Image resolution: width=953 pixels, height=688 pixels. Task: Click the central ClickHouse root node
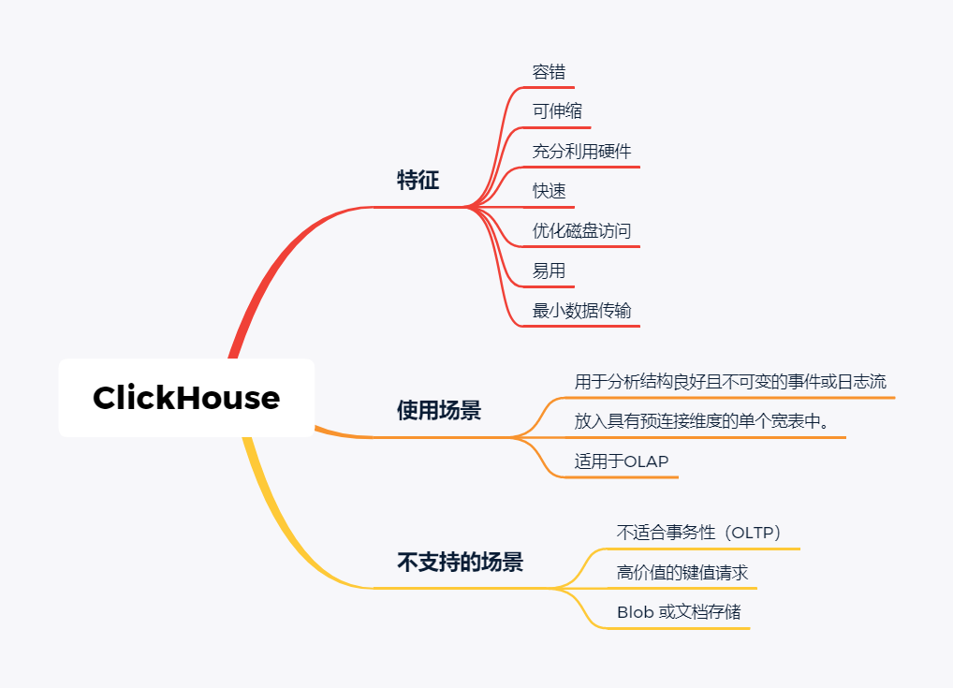[186, 398]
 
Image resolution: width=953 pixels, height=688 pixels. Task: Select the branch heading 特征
[418, 181]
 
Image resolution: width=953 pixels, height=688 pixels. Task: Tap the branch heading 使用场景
[438, 411]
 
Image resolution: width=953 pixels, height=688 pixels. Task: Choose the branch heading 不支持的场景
[460, 563]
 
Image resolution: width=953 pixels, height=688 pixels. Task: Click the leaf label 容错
[549, 72]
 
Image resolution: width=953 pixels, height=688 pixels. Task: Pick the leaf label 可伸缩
[557, 111]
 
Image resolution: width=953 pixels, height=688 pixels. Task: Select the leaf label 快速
[549, 191]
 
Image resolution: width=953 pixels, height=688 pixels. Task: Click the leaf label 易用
[549, 271]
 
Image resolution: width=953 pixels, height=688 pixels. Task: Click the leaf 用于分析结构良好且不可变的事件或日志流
[730, 382]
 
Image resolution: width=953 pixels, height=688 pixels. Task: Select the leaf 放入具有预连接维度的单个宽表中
[702, 421]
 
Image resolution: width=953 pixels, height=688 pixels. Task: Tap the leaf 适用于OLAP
[622, 461]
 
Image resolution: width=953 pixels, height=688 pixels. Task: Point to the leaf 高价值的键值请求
[682, 573]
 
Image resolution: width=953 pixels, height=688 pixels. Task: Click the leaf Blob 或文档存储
[678, 612]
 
